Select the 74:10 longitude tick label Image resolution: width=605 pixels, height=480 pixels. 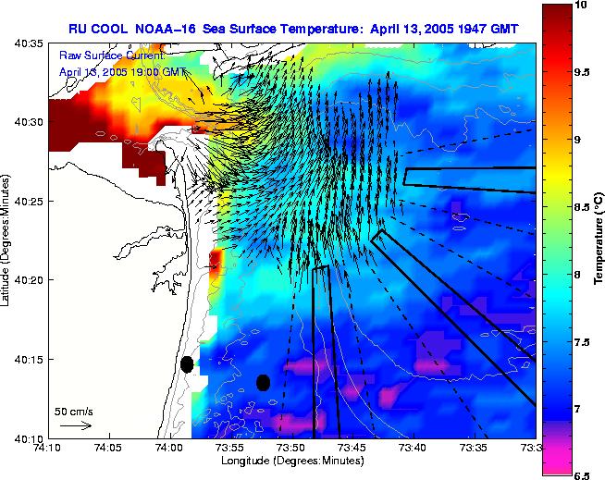(48, 449)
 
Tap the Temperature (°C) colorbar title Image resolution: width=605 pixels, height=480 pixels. (598, 240)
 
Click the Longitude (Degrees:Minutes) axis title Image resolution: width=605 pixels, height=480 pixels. (291, 461)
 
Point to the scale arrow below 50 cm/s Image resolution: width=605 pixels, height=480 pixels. (74, 425)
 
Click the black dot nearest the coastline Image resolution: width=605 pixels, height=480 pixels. (187, 363)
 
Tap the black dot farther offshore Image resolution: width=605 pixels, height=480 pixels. (263, 382)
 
